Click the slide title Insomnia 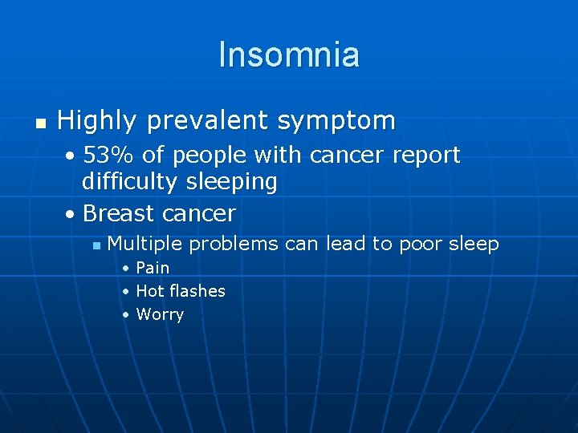[289, 55]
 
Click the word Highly [98, 121]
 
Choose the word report [428, 155]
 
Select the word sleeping [231, 182]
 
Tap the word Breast [119, 213]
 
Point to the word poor [424, 244]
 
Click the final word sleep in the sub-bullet [476, 244]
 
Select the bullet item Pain [153, 268]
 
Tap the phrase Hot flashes [181, 291]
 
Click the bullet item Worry [160, 314]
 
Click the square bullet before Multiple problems [96, 245]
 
